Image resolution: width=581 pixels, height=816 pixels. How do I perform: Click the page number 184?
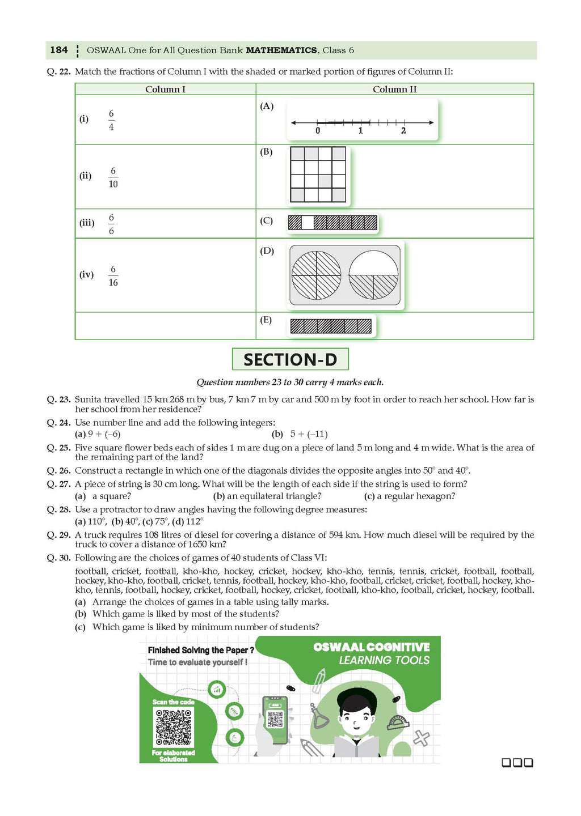coord(58,50)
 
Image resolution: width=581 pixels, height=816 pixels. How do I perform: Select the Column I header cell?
coord(165,89)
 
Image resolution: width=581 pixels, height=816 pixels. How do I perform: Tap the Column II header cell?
coord(394,89)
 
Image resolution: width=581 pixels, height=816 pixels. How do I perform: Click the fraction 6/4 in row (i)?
coord(111,120)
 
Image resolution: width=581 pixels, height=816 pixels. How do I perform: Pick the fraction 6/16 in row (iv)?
coord(113,276)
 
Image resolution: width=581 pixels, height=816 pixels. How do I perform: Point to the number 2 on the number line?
coord(403,131)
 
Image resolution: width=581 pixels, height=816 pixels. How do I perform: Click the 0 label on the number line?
coord(318,131)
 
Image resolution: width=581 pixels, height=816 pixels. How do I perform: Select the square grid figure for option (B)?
coord(318,175)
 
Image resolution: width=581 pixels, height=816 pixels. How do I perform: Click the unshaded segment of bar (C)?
coord(307,223)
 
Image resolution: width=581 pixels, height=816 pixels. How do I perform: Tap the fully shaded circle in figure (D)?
coord(316,275)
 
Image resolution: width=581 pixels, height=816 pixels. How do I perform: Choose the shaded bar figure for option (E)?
coord(331,326)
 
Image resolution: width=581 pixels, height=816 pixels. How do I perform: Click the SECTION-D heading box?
coord(290,359)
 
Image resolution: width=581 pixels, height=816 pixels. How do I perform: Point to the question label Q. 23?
coord(58,399)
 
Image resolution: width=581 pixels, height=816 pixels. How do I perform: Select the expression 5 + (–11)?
coord(309,434)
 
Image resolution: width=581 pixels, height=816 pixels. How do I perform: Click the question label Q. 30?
coord(58,558)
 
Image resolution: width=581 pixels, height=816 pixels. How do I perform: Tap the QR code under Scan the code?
coord(174,728)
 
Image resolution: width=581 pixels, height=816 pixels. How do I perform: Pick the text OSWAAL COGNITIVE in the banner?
coord(371,647)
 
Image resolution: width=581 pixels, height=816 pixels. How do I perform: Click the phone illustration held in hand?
coord(275,719)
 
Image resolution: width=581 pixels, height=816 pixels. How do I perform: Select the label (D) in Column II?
coord(267,251)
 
